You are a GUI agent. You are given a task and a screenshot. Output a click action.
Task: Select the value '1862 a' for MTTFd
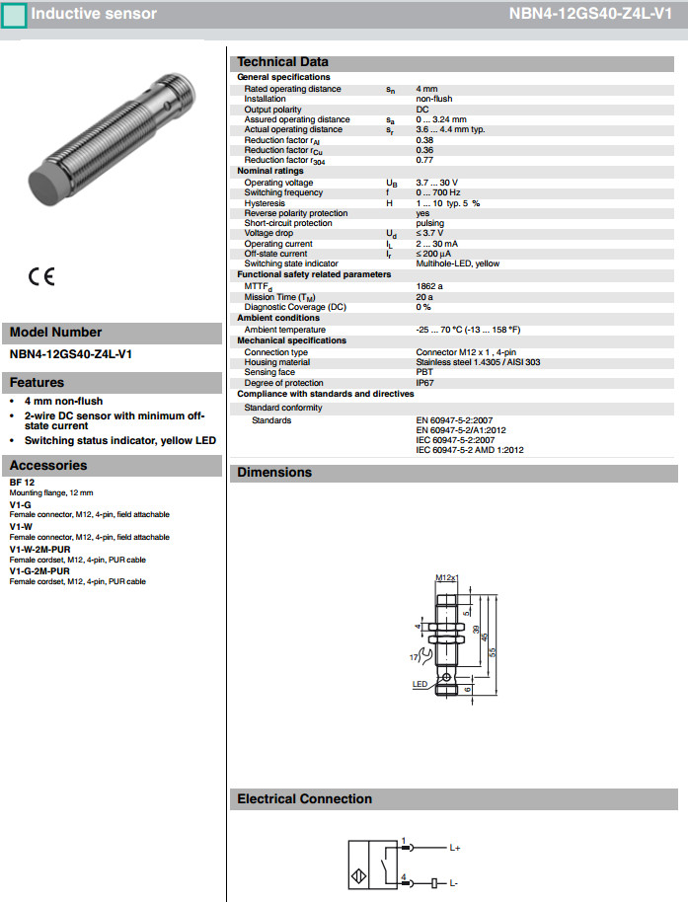429,285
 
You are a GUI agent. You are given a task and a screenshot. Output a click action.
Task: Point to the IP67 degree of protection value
424,383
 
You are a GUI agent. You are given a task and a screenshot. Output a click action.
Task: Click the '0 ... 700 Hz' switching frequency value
438,192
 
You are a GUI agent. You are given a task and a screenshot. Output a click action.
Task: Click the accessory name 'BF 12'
22,482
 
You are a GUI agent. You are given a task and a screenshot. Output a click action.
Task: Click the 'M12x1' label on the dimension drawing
447,577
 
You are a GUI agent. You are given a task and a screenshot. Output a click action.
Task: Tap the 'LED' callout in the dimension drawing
419,683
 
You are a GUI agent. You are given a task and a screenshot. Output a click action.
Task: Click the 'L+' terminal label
455,848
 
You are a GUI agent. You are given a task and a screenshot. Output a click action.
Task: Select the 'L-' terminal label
454,880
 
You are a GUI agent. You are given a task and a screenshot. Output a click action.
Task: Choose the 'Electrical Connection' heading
304,798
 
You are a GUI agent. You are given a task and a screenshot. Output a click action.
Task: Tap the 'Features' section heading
37,382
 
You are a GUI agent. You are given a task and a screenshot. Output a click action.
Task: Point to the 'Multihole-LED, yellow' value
457,263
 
